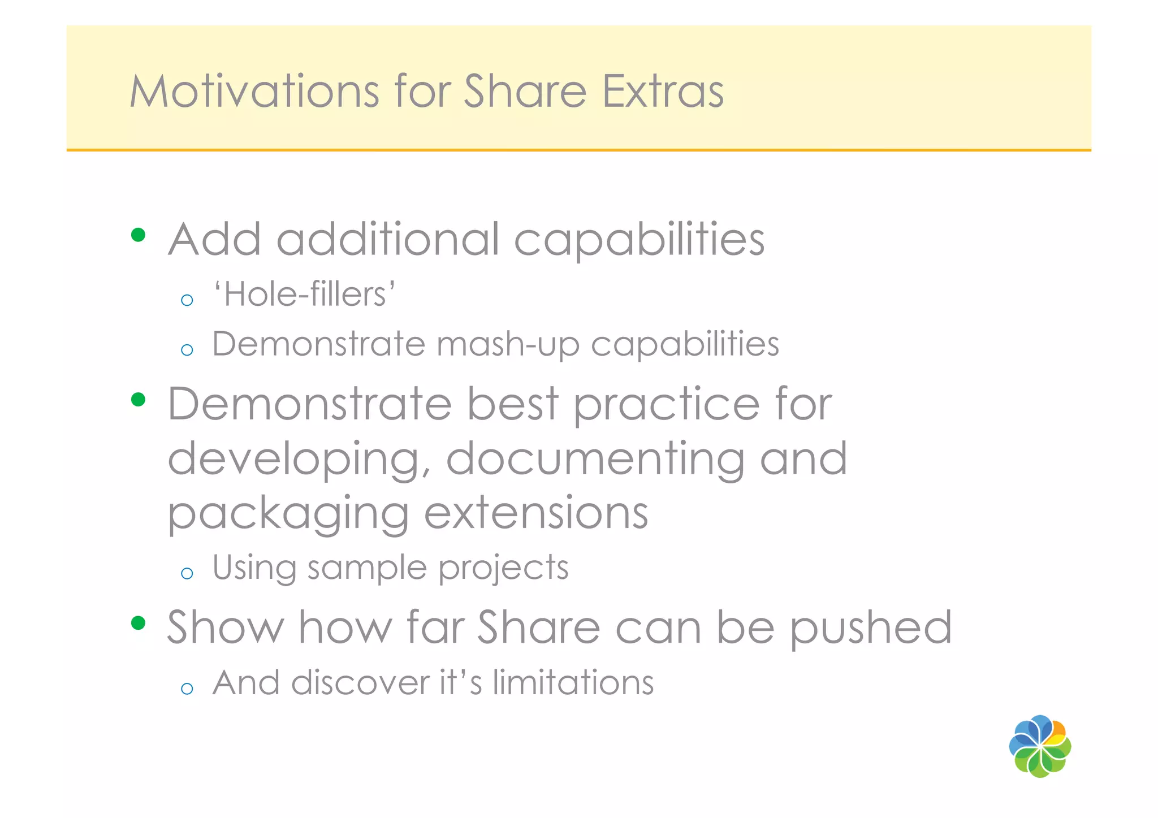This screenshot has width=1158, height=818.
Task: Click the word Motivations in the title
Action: [254, 91]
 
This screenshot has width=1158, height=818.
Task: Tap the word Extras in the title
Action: [662, 91]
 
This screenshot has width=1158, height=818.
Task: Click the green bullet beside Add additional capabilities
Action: [138, 235]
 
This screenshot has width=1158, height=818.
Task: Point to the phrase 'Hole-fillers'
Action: [304, 295]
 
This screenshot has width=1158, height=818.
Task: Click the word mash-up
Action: [508, 344]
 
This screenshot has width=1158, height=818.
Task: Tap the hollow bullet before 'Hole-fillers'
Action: [187, 300]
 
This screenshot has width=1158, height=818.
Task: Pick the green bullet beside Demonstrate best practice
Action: [138, 400]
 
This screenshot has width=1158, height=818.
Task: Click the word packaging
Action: [288, 514]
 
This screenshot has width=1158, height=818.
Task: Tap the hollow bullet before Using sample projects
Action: [187, 574]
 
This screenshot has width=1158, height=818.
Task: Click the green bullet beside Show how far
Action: [138, 623]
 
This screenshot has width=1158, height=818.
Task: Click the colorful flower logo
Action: [1040, 746]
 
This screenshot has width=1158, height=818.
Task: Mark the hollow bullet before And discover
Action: [187, 689]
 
